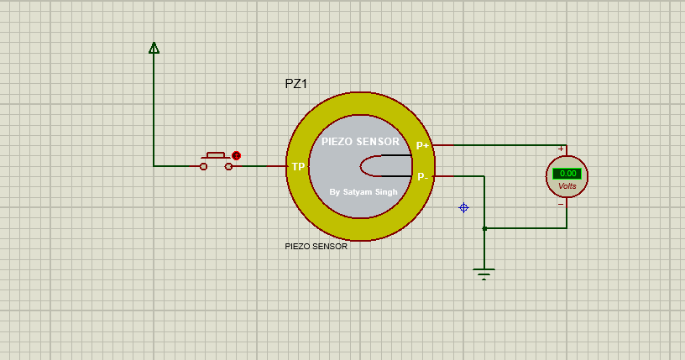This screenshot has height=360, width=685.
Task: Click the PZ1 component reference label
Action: pos(296,85)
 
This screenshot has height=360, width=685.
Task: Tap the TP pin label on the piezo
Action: pos(297,167)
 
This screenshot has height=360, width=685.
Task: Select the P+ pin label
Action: pos(423,145)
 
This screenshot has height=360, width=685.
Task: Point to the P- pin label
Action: pos(423,176)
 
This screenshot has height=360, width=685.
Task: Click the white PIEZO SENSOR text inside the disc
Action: pos(360,142)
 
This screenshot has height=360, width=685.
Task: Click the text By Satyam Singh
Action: pos(363,191)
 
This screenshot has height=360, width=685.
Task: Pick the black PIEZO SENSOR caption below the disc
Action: pos(316,247)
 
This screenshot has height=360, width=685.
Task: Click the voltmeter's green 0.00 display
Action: pos(567,174)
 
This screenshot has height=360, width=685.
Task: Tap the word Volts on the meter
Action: pos(567,185)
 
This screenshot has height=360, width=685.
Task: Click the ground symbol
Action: pos(484,272)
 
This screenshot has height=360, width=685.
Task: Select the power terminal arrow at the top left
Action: pos(154,48)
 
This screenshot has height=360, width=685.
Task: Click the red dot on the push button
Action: pos(237,155)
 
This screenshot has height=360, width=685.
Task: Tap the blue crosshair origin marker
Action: pos(463,207)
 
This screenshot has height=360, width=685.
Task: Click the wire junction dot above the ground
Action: pos(484,227)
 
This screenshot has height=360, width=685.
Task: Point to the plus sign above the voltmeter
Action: pos(561,149)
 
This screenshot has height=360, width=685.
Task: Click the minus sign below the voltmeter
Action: pos(561,204)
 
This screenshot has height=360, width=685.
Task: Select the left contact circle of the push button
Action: pos(203,166)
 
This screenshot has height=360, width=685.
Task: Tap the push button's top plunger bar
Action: pos(216,154)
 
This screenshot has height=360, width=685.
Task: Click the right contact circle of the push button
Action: pos(228,166)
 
